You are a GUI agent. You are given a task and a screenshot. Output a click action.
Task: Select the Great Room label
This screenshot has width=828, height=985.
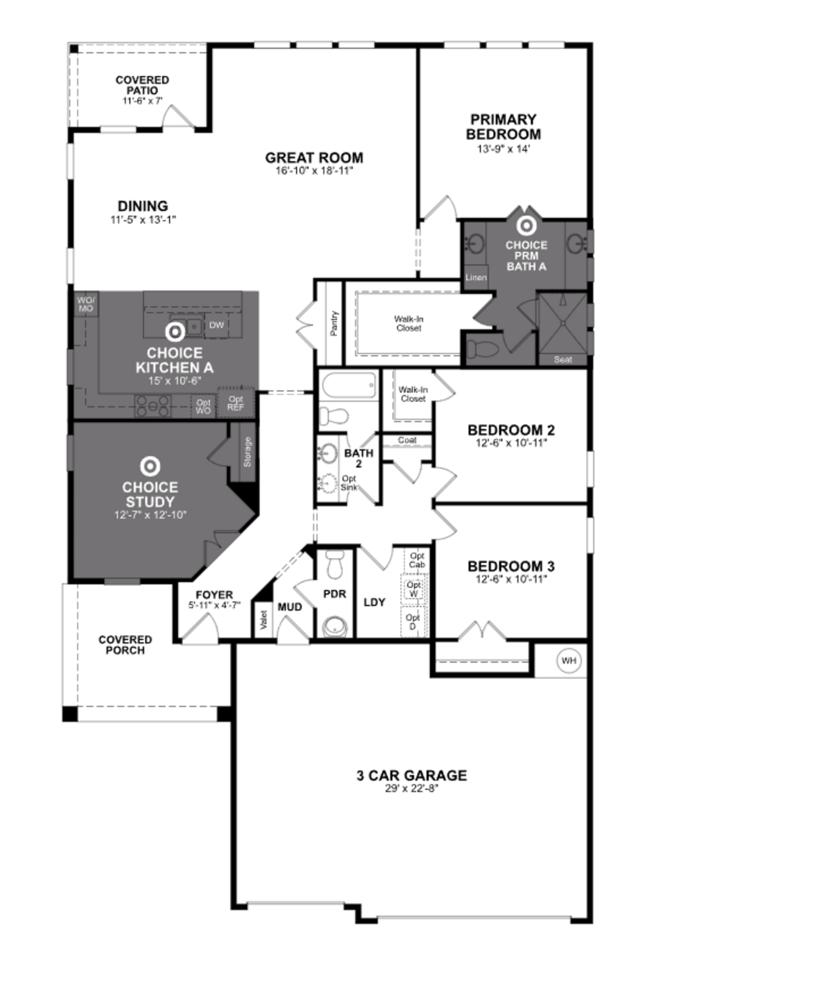[x=314, y=158]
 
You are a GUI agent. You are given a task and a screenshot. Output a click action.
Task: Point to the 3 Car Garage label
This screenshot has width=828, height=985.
[x=412, y=775]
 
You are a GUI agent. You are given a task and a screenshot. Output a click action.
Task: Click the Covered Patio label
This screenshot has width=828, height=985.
[x=142, y=85]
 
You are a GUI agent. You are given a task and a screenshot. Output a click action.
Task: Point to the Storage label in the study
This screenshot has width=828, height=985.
[x=247, y=452]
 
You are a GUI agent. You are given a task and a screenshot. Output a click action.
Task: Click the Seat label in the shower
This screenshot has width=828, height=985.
[x=563, y=360]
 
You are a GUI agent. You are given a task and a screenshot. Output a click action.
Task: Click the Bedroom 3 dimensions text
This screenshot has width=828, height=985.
[x=511, y=579]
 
